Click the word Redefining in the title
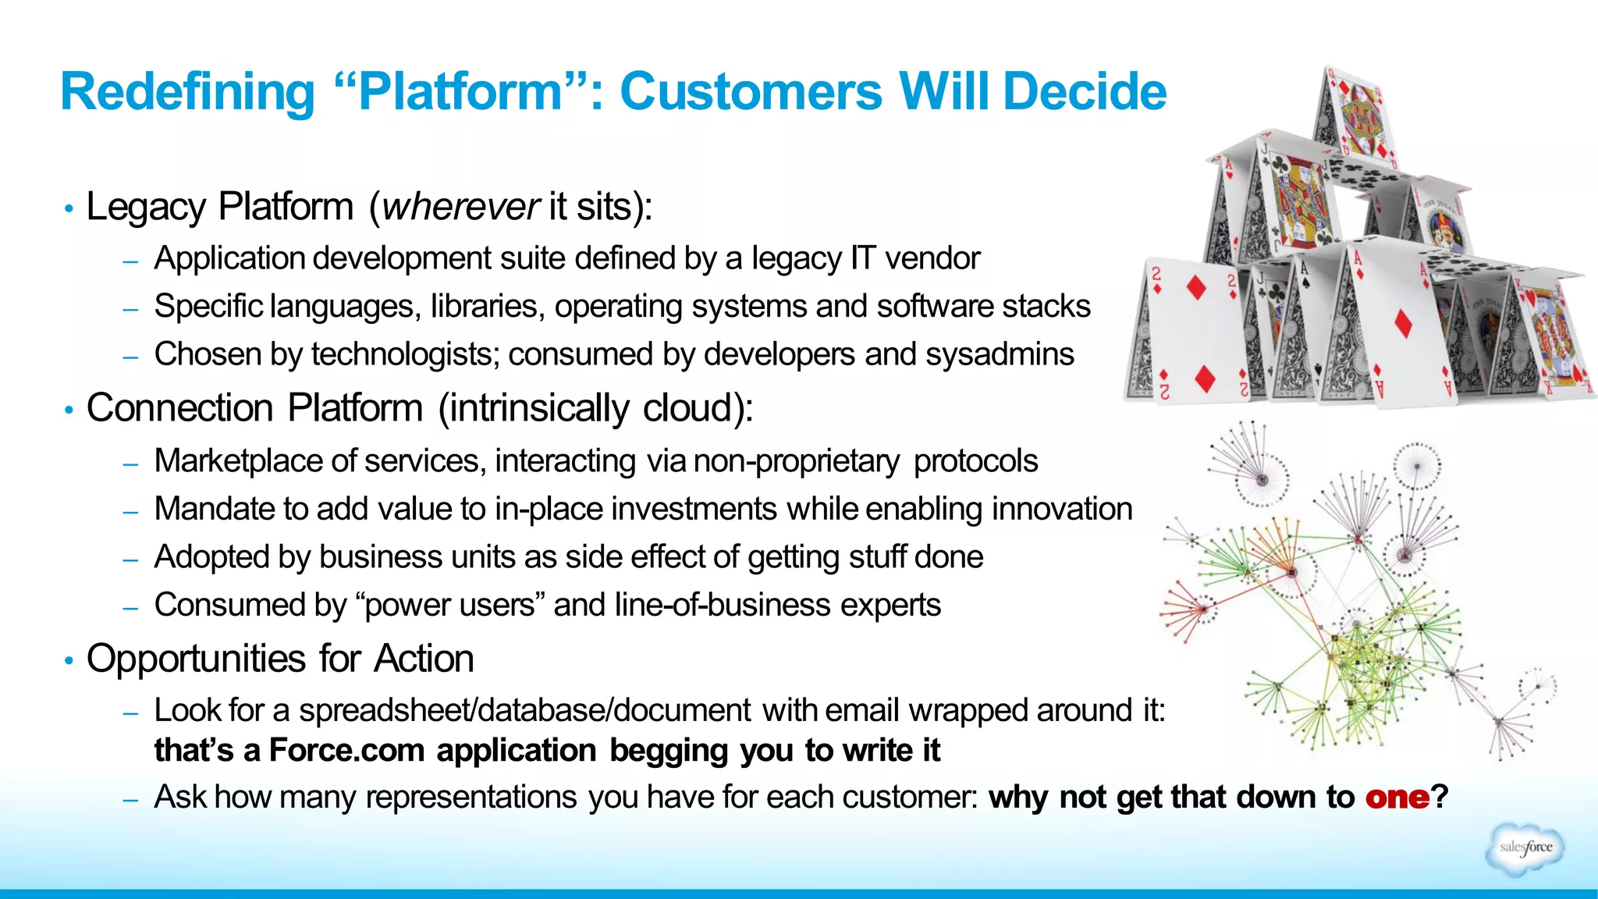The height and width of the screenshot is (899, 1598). click(x=187, y=92)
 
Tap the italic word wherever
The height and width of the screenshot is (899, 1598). click(x=460, y=207)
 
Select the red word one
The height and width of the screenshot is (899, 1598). click(x=1397, y=798)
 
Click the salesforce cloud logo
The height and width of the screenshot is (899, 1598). click(x=1525, y=848)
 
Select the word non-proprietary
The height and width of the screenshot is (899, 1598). click(x=797, y=461)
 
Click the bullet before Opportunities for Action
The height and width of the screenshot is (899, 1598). click(x=69, y=661)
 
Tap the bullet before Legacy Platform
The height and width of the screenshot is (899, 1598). click(x=69, y=208)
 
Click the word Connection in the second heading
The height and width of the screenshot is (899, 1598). click(x=179, y=408)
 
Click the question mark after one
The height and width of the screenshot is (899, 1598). click(x=1440, y=798)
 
